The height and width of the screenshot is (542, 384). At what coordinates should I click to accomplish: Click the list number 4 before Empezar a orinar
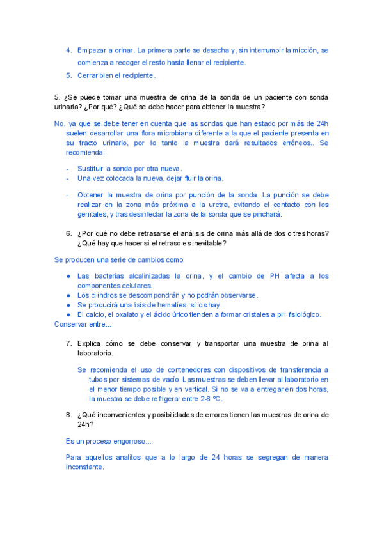click(x=68, y=50)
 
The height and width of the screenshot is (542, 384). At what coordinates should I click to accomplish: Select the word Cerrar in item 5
click(x=89, y=75)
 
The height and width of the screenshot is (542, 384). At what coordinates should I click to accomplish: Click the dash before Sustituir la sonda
click(x=68, y=168)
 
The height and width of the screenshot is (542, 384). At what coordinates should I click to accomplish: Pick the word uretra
click(x=219, y=205)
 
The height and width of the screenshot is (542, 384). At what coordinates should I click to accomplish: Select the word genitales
click(x=92, y=215)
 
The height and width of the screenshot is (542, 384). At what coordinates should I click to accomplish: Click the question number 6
click(x=68, y=233)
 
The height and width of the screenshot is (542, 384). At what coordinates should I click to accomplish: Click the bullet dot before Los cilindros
click(x=68, y=295)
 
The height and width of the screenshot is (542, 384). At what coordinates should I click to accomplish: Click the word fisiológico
click(x=300, y=314)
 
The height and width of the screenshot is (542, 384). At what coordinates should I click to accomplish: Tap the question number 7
click(x=68, y=343)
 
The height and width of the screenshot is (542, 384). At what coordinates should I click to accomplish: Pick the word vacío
click(x=168, y=379)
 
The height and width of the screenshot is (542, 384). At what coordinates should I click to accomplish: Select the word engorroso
click(x=127, y=441)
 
